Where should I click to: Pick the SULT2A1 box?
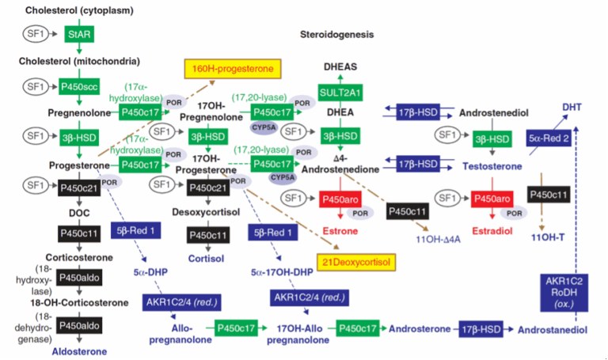(x=340, y=93)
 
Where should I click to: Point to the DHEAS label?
(x=340, y=69)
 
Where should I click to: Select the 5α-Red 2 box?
(x=549, y=139)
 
